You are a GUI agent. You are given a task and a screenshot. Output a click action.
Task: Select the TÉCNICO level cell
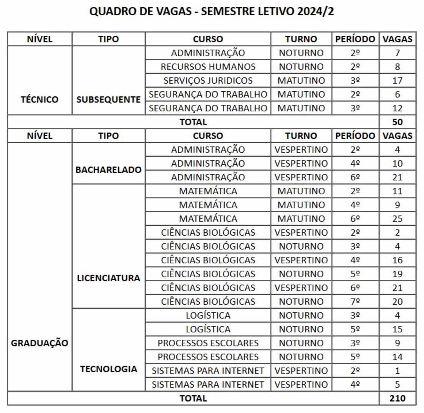[x=40, y=99]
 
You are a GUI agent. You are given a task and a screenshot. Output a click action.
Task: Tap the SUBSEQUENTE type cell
[x=109, y=99]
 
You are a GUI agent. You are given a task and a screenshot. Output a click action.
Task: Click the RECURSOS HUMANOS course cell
[x=208, y=66]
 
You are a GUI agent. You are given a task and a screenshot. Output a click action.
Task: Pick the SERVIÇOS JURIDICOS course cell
[x=208, y=81]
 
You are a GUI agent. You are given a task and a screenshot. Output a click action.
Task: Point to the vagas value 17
[x=397, y=81]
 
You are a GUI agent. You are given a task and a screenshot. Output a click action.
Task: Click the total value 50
[x=397, y=122]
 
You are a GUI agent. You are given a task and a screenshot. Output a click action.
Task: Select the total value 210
[x=397, y=398]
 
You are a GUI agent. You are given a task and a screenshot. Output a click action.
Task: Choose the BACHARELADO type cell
[x=109, y=170]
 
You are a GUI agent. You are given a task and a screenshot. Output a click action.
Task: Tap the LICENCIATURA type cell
[x=109, y=278]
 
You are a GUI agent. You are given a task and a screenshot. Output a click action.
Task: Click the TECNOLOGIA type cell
[x=109, y=369]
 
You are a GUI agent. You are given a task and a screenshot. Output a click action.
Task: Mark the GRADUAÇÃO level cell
[x=40, y=343]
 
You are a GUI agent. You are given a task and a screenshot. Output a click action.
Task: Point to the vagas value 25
[x=397, y=219]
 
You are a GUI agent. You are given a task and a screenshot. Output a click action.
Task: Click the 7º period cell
[x=355, y=302]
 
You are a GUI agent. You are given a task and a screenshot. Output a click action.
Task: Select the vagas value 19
[x=397, y=274]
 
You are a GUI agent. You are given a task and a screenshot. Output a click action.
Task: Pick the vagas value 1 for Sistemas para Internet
[x=397, y=371]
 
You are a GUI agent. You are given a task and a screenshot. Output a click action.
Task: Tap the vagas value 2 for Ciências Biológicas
[x=397, y=233]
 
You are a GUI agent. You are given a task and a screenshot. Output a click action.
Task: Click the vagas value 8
[x=397, y=66]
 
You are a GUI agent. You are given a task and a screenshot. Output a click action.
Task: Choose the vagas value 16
[x=397, y=260]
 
